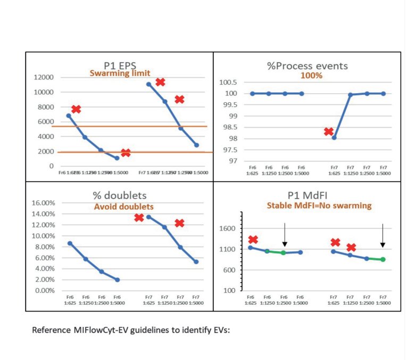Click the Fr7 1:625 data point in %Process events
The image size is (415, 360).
[334, 137]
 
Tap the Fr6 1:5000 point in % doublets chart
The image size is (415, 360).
[117, 280]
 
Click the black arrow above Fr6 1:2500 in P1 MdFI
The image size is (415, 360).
[285, 234]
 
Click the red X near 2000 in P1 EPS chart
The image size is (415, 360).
[126, 153]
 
